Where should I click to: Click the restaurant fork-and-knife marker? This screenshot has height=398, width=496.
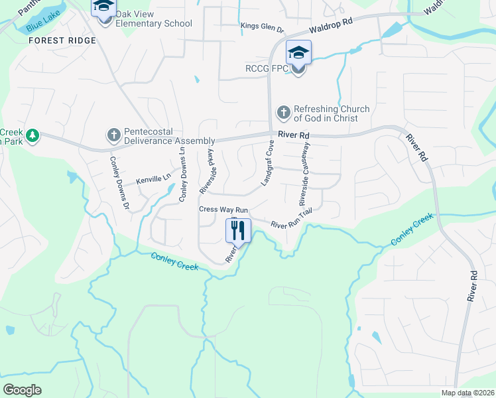(x=239, y=230)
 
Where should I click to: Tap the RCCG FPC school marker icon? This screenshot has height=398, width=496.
(x=298, y=52)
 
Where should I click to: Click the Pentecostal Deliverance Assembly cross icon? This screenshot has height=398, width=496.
(x=113, y=135)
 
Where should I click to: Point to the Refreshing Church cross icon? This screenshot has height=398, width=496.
(x=283, y=113)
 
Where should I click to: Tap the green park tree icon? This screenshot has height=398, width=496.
(x=31, y=136)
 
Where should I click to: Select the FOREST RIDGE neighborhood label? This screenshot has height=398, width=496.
(x=62, y=40)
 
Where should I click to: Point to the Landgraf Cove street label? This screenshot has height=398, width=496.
(x=267, y=163)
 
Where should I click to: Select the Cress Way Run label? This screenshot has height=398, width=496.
(x=223, y=210)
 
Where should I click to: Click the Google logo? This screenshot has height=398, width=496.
(x=22, y=389)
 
